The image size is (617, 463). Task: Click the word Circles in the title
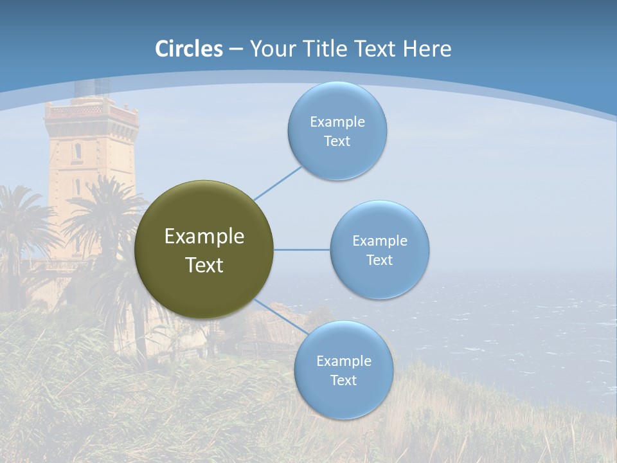tap(189, 49)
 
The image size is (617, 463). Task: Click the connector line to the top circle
tap(278, 183)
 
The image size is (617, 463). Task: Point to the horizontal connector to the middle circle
tap(301, 250)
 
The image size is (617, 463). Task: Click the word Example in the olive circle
tap(204, 237)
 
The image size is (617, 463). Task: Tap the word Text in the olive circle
tap(204, 265)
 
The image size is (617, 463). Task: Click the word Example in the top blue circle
tap(337, 122)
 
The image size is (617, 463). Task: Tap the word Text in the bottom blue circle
tap(343, 381)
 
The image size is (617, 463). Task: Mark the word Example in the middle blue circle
tap(380, 241)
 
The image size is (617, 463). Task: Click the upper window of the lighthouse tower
tap(78, 151)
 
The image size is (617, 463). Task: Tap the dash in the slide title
tap(236, 50)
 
